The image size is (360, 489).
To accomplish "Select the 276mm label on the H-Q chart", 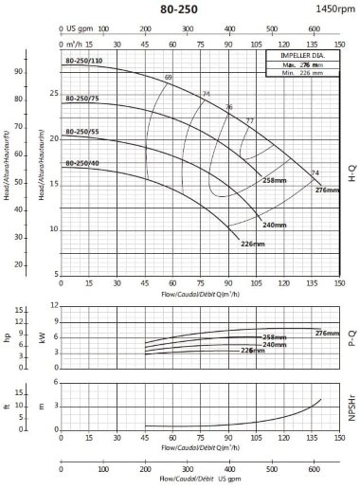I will tap(326, 190).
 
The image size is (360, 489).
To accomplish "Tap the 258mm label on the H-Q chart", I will tap(274, 180).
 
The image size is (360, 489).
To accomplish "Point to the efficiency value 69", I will tap(169, 77).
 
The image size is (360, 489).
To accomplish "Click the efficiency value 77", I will tap(250, 120).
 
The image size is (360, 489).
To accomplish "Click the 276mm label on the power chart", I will tap(327, 333).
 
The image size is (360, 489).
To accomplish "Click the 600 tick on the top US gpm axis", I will tap(315, 30).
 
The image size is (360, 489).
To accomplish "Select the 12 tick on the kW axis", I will tap(56, 306).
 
